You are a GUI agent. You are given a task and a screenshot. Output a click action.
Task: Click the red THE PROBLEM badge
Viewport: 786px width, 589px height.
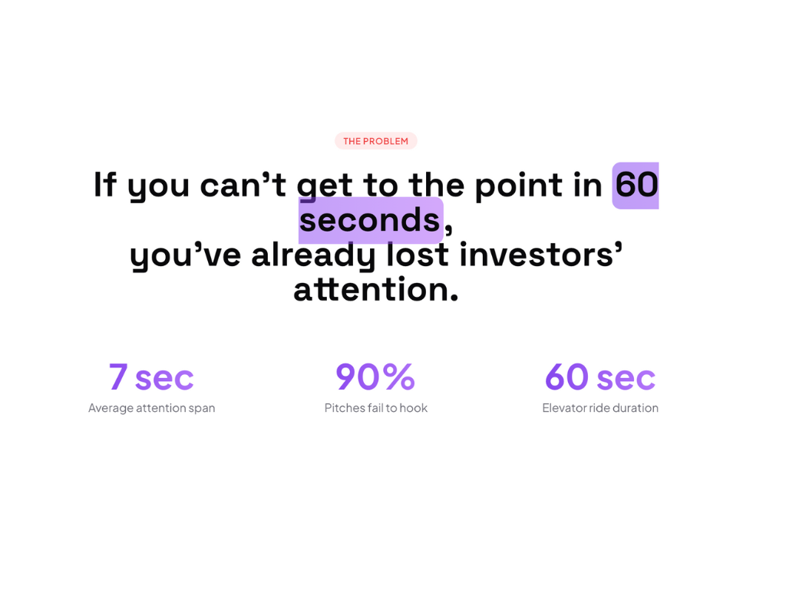pos(376,141)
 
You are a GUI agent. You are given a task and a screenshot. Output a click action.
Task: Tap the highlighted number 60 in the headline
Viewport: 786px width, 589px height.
pos(636,185)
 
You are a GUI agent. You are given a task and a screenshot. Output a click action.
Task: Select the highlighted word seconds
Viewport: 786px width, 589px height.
pos(370,220)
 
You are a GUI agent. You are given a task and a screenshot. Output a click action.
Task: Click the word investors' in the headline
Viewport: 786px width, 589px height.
pos(541,255)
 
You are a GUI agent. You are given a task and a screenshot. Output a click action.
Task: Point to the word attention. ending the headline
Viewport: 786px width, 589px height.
pos(376,289)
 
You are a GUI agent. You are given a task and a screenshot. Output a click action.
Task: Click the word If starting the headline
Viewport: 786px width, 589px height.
pos(105,184)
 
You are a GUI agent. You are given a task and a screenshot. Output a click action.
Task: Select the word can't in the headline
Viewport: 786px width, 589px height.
pos(243,184)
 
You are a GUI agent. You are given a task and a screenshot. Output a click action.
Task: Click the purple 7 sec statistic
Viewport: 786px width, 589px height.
pos(151,377)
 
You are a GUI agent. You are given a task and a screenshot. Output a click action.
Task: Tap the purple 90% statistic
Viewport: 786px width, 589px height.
pos(375,377)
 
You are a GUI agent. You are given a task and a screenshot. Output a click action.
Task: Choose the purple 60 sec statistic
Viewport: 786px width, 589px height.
pos(600,377)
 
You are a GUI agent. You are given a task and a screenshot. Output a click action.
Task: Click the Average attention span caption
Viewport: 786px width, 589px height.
pos(151,408)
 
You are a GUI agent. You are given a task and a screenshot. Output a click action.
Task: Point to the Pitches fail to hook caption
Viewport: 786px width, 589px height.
pos(376,408)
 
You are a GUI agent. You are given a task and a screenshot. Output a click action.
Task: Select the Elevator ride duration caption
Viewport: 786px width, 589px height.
pos(600,408)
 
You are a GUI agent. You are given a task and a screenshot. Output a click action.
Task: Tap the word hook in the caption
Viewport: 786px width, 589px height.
pos(414,408)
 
